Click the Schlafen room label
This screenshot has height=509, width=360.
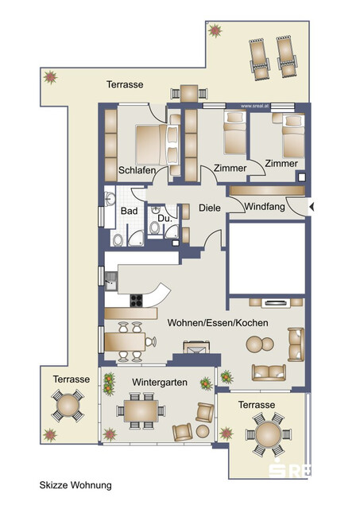[135, 169]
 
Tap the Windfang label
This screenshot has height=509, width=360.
[265, 207]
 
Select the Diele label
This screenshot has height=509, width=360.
[210, 209]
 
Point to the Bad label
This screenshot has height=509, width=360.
[128, 211]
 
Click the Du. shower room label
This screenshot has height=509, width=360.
[165, 217]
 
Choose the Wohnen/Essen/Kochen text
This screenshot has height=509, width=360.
[217, 323]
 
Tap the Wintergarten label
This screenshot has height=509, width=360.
[161, 383]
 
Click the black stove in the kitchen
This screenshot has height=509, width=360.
[136, 301]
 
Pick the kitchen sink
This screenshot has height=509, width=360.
[111, 278]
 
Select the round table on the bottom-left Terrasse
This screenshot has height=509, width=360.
[68, 406]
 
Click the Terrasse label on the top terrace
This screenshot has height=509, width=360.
[124, 84]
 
